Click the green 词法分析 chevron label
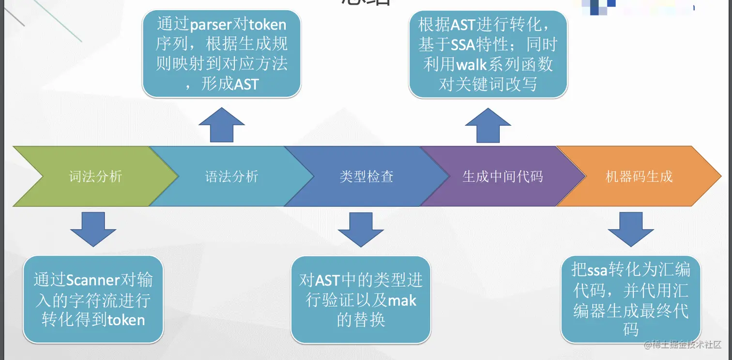point(95,177)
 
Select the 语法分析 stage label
point(231,177)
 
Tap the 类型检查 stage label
point(366,177)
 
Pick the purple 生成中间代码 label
point(503,177)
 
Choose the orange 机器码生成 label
point(639,177)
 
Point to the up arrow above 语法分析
point(222,125)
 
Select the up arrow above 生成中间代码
point(488,125)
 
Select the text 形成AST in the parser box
point(230,84)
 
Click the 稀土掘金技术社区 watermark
point(683,345)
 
